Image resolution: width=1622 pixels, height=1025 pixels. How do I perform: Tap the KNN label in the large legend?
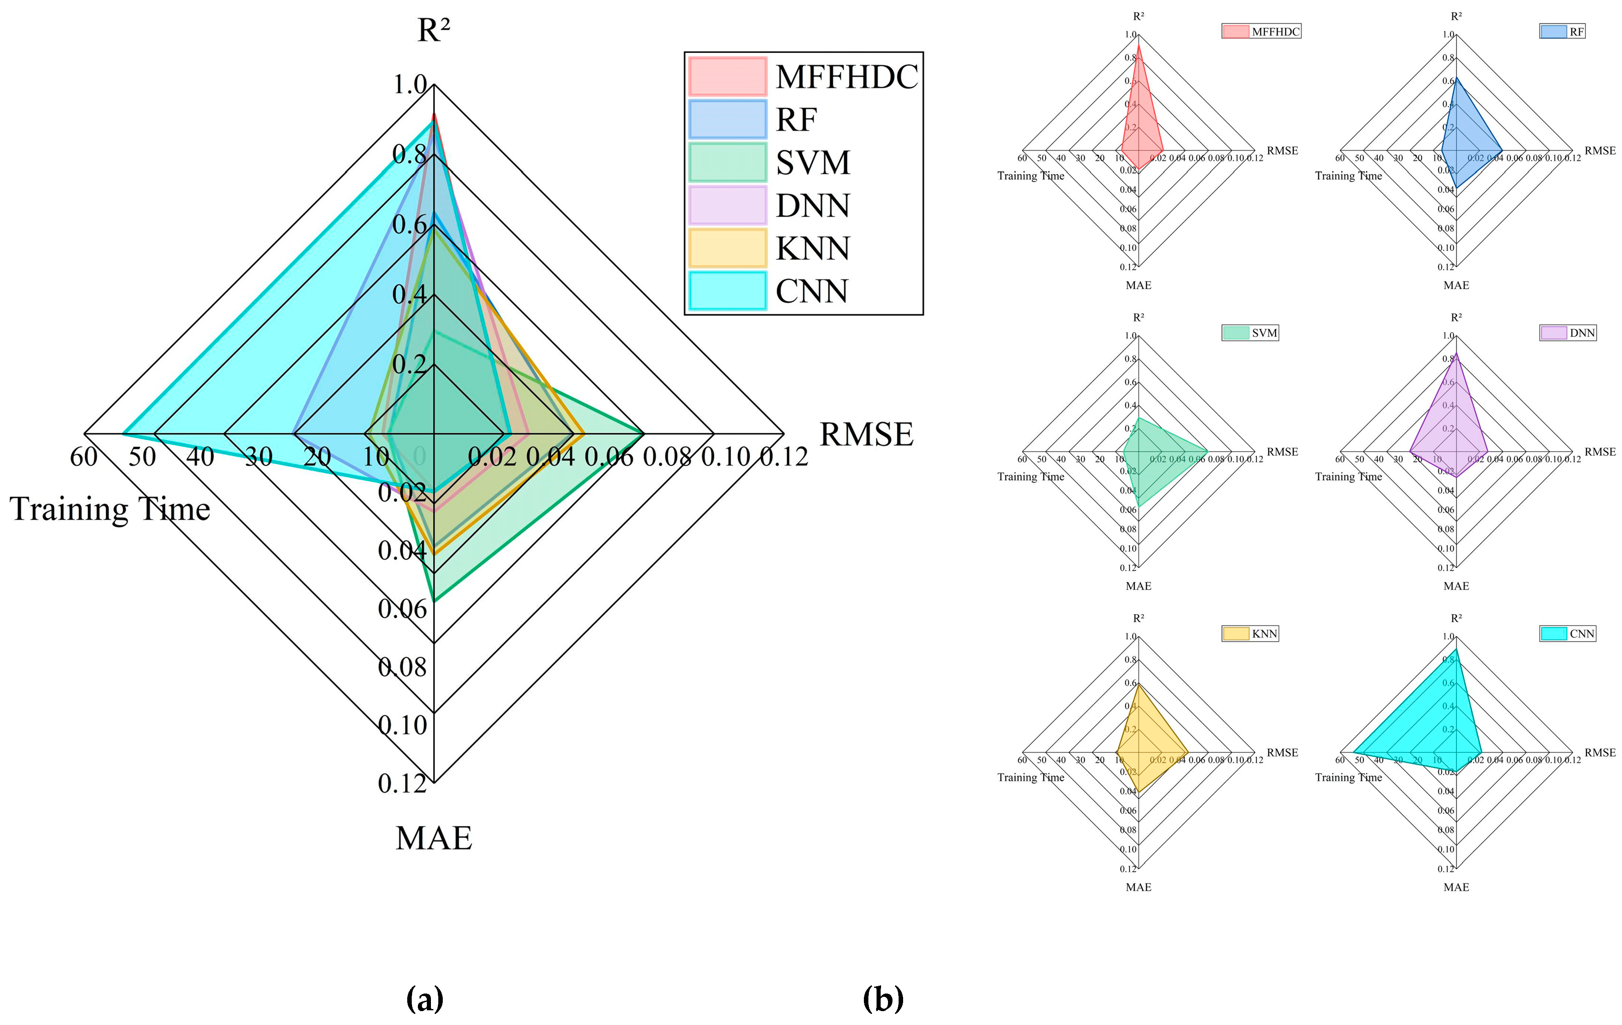(x=812, y=248)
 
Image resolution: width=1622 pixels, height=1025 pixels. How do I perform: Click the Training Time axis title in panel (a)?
(x=110, y=509)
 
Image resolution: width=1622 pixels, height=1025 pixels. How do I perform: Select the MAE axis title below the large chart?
(x=434, y=837)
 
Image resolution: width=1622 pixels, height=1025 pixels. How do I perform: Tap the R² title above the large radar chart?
(x=434, y=30)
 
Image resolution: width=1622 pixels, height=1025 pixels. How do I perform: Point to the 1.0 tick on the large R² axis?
(x=410, y=85)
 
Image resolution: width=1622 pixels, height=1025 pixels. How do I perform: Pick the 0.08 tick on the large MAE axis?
(x=402, y=667)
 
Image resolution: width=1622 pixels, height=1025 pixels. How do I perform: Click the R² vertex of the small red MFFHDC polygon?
(x=1138, y=44)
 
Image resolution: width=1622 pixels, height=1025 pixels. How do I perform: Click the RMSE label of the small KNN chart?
(x=1282, y=752)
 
